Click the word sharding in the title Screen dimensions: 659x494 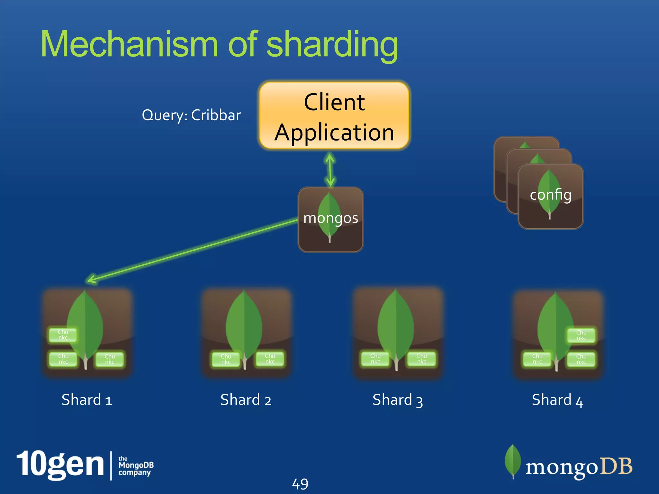click(x=332, y=45)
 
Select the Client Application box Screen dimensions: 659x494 click(x=334, y=116)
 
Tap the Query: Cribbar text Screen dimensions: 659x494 click(x=191, y=115)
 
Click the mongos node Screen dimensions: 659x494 click(x=331, y=219)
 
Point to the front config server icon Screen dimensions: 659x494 click(x=551, y=196)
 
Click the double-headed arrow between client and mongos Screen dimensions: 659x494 click(x=330, y=169)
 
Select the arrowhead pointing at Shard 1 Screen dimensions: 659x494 click(x=92, y=279)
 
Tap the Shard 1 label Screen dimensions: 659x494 click(x=87, y=400)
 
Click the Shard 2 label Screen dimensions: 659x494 click(x=246, y=400)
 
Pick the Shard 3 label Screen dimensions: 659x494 click(x=398, y=400)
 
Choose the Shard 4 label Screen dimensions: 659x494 click(x=557, y=400)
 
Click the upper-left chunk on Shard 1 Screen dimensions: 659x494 click(x=63, y=335)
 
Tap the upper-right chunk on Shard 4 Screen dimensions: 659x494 click(x=581, y=335)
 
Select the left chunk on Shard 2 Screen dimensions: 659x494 click(x=226, y=359)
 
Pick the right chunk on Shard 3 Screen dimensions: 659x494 click(x=422, y=359)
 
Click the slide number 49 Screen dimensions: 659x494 click(x=300, y=484)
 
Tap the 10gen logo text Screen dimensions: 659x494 click(x=60, y=464)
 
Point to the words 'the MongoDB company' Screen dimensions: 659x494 click(x=135, y=466)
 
